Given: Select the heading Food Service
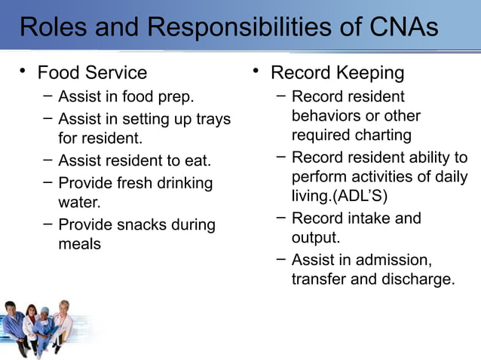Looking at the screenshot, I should click(x=92, y=73).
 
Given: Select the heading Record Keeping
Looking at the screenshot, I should click(x=337, y=73).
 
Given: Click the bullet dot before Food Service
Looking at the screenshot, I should click(x=23, y=72).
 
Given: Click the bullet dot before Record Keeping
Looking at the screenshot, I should click(x=256, y=72).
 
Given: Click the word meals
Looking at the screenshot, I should click(x=79, y=244).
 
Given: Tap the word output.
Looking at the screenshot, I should click(x=316, y=238).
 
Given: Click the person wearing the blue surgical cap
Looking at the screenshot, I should click(x=44, y=324).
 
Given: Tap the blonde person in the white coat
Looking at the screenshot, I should click(x=63, y=320).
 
